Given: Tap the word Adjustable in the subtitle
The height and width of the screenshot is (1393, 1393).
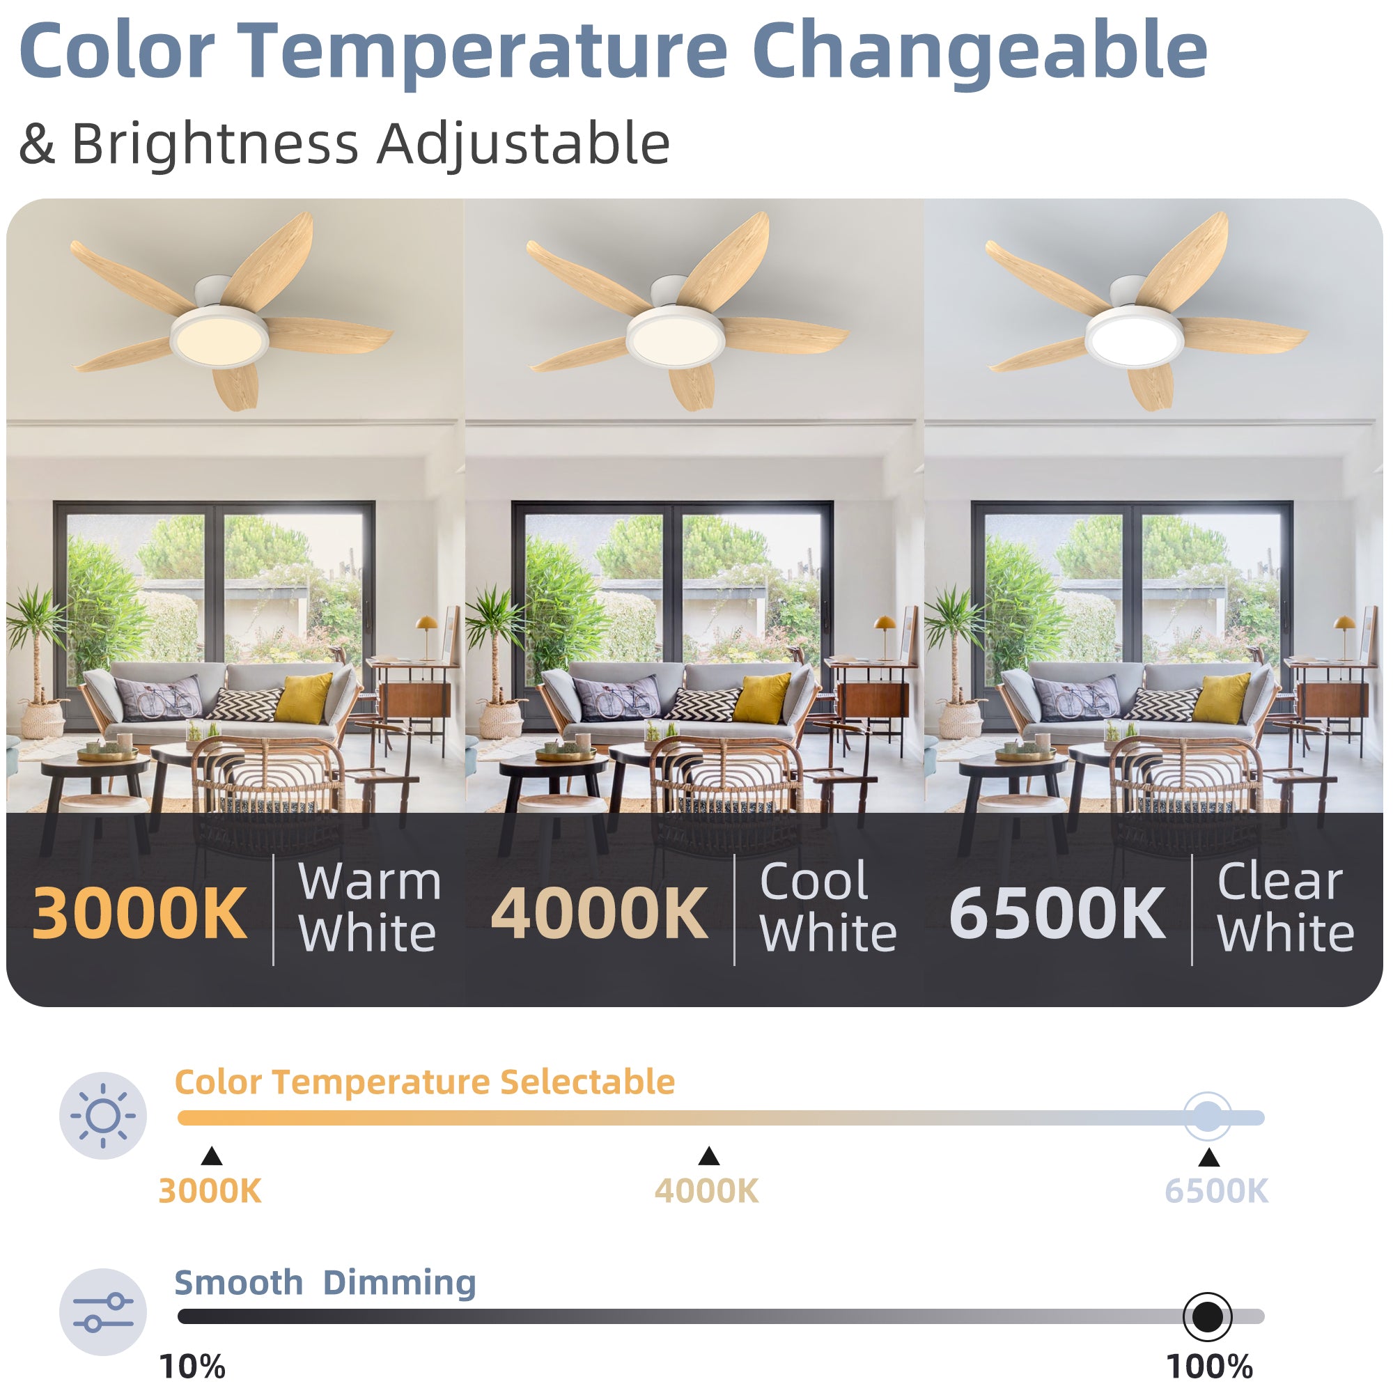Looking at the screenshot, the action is pyautogui.click(x=524, y=145).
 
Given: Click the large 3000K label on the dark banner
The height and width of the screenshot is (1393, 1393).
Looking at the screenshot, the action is pyautogui.click(x=140, y=914).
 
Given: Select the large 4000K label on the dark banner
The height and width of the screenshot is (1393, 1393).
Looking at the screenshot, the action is pyautogui.click(x=599, y=914).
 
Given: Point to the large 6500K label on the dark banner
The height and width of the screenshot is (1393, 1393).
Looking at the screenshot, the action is pyautogui.click(x=1057, y=914).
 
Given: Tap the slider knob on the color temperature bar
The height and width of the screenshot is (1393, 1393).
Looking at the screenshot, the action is pyautogui.click(x=1208, y=1117).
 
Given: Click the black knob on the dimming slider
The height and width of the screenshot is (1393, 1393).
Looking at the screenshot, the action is pyautogui.click(x=1208, y=1316).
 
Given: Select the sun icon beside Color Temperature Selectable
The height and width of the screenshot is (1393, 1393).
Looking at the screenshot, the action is pyautogui.click(x=103, y=1115).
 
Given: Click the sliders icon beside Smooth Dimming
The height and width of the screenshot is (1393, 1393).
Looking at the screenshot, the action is pyautogui.click(x=103, y=1312).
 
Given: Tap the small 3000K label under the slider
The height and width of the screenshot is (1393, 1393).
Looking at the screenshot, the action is pyautogui.click(x=210, y=1191).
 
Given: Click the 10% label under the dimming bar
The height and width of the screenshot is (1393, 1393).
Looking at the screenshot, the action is pyautogui.click(x=192, y=1367).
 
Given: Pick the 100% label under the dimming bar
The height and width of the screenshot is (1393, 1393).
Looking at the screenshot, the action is pyautogui.click(x=1210, y=1367).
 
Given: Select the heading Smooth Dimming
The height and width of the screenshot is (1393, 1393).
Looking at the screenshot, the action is pyautogui.click(x=325, y=1283).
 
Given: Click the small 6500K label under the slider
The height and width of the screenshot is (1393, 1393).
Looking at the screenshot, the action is pyautogui.click(x=1216, y=1191).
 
